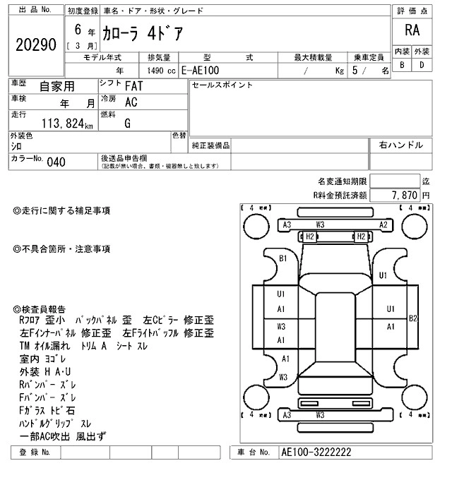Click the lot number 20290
coord(35,45)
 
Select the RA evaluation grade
coord(411,30)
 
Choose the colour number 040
coord(56,162)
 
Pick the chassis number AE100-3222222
coord(316,452)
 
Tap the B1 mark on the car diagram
coord(283,259)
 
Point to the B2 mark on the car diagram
coord(413,318)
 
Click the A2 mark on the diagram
coord(383,225)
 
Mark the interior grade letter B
coord(402,65)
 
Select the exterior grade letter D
coord(422,65)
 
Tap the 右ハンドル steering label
coord(400,145)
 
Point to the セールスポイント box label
coord(222,85)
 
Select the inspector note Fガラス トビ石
coord(48,410)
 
